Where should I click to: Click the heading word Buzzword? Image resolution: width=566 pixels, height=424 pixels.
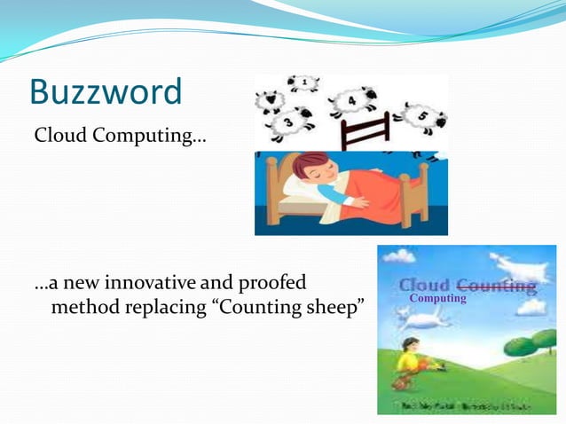click(106, 91)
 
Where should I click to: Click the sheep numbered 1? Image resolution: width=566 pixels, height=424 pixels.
click(302, 84)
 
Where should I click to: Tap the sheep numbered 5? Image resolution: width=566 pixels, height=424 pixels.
click(422, 115)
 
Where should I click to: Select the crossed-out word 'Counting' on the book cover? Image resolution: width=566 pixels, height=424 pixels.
click(496, 286)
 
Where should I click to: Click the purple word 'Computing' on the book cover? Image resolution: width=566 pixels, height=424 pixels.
click(437, 299)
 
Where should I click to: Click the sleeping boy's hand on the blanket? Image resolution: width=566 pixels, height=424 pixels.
click(360, 201)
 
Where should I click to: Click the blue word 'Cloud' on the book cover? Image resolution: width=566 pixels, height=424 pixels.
click(424, 286)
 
